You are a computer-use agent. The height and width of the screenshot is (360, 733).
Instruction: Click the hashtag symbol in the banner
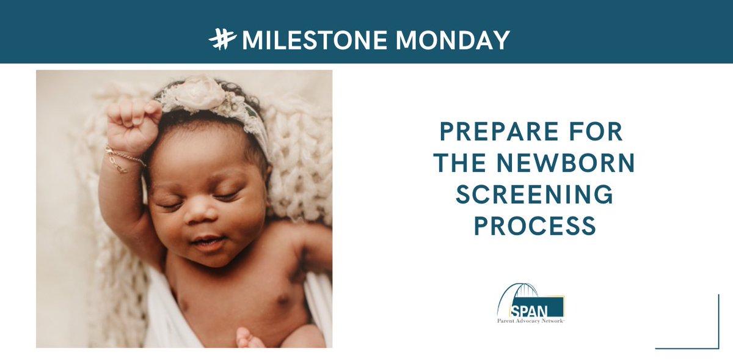click(x=222, y=40)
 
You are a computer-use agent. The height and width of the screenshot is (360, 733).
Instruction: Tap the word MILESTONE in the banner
click(x=313, y=40)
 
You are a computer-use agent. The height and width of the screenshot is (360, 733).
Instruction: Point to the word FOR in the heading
click(x=599, y=131)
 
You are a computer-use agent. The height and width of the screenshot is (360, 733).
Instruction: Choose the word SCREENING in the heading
click(x=534, y=195)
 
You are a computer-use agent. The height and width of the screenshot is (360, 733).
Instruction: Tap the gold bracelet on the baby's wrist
click(x=124, y=158)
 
